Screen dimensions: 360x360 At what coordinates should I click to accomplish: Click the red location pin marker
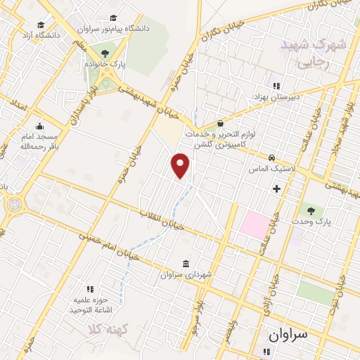pos(181,165)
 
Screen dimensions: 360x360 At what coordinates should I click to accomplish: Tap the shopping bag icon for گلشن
pos(220,122)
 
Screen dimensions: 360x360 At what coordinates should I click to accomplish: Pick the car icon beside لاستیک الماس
pos(272,157)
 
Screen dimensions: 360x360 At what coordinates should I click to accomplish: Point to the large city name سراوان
pos(289,335)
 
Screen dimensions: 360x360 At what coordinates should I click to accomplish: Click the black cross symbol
pos(277,188)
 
